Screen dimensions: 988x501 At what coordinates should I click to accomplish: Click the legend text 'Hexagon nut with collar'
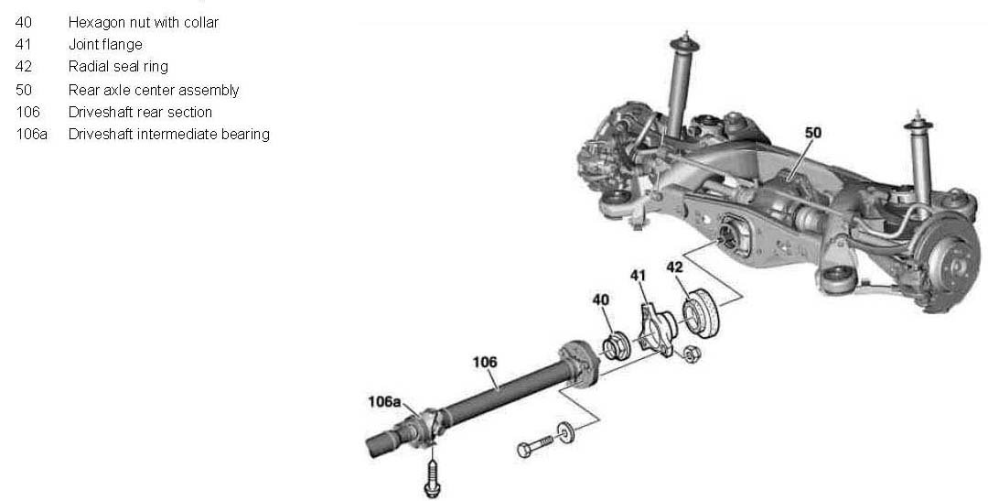(x=143, y=23)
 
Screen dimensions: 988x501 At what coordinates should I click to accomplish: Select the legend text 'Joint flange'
(x=105, y=45)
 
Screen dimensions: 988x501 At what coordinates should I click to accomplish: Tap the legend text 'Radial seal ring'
(x=118, y=67)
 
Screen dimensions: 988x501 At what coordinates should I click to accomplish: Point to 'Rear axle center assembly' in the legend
(x=154, y=91)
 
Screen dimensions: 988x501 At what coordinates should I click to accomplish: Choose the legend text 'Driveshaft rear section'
(x=140, y=113)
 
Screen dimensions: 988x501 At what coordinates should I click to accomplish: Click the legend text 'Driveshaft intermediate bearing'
(x=169, y=135)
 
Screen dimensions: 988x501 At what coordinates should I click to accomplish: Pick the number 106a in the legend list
(x=31, y=135)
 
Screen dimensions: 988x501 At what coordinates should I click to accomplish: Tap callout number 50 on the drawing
(x=813, y=133)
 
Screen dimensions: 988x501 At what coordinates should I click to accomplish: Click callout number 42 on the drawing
(x=674, y=267)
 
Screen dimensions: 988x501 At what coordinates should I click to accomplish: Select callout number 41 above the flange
(x=639, y=276)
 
